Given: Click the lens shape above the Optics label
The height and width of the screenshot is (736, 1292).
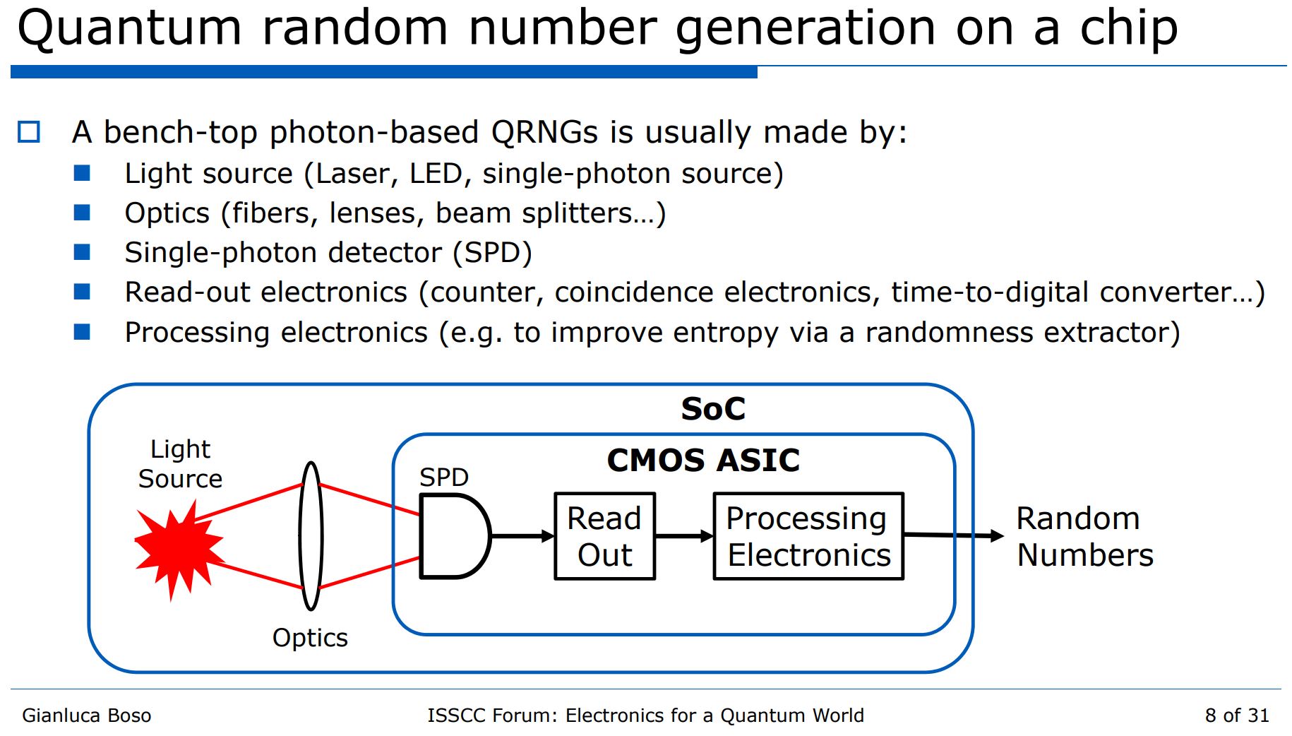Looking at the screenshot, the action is [x=311, y=535].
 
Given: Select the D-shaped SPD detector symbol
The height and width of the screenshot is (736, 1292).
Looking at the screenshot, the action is [x=453, y=536].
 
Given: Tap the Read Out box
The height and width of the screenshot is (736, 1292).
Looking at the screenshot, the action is [x=604, y=536].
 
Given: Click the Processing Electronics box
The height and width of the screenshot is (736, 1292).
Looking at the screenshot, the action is [x=808, y=536].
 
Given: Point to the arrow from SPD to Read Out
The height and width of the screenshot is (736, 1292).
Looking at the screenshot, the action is [x=522, y=536].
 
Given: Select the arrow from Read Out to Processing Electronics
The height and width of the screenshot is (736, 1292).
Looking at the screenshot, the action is [x=683, y=536].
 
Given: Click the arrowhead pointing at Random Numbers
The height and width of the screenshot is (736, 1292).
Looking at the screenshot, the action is [x=996, y=536].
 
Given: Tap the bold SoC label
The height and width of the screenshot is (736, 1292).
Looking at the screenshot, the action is [x=712, y=409].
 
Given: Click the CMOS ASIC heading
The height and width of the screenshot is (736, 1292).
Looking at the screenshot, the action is [x=703, y=461].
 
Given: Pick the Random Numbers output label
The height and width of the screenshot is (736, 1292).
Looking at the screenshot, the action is [x=1084, y=537].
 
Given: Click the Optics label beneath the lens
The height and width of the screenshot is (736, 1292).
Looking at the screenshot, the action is [x=310, y=638].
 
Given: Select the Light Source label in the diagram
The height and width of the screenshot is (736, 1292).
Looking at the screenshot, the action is [x=180, y=464].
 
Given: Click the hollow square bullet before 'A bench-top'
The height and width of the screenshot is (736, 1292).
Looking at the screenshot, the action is [x=29, y=132].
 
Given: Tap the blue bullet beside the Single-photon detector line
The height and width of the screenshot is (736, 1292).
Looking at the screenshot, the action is [x=82, y=252].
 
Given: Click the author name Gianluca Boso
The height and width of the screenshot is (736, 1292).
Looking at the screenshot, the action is [x=86, y=716].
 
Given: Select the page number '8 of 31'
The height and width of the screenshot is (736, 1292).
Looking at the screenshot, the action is [x=1236, y=716].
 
